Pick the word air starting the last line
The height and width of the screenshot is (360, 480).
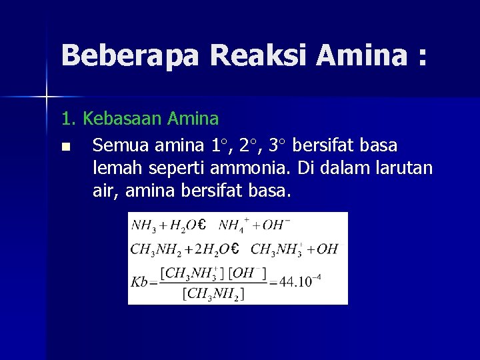click(103, 193)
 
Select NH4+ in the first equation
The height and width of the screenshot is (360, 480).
click(233, 224)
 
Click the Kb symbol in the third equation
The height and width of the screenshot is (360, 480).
click(139, 281)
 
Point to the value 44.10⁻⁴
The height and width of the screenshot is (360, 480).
click(296, 281)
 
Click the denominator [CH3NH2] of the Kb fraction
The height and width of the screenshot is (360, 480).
click(215, 293)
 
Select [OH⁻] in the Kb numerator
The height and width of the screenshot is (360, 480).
click(248, 273)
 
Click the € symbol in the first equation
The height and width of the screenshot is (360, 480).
click(201, 225)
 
